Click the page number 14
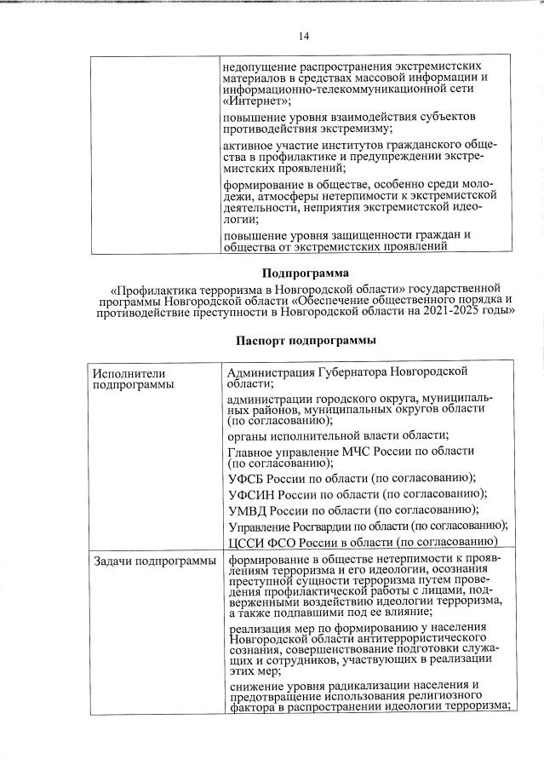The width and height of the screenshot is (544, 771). click(305, 37)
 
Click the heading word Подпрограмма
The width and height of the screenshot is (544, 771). click(305, 274)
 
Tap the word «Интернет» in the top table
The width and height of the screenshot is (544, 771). click(255, 101)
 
